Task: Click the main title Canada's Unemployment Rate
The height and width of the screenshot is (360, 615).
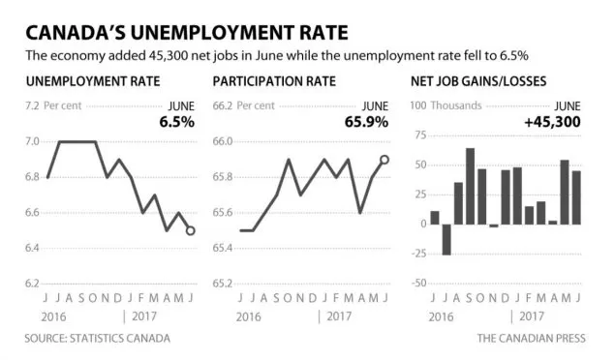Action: (x=187, y=33)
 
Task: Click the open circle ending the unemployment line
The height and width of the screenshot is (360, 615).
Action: (x=191, y=230)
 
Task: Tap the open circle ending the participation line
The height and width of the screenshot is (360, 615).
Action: (x=384, y=160)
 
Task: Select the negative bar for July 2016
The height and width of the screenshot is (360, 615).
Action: (x=446, y=240)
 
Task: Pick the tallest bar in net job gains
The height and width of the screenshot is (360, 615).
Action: (x=471, y=186)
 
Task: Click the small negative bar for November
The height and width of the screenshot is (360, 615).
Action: (x=494, y=225)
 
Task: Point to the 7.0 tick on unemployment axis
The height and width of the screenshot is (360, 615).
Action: (x=33, y=141)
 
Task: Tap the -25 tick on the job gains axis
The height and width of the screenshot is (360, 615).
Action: (x=419, y=254)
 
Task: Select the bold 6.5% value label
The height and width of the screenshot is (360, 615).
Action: (x=177, y=122)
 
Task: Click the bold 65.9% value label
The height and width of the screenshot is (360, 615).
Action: (x=367, y=122)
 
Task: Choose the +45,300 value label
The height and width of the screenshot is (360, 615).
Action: (x=553, y=122)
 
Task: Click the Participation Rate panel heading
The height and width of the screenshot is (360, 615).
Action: (x=274, y=81)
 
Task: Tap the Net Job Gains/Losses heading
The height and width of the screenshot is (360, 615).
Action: (x=478, y=81)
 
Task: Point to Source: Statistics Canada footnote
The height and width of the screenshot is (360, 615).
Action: (x=98, y=338)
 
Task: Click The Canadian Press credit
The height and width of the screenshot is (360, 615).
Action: (x=532, y=338)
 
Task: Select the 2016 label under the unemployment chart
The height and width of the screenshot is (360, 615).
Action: (x=53, y=316)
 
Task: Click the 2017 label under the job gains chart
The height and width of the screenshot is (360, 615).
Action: (x=532, y=316)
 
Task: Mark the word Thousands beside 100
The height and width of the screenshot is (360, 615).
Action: (x=456, y=105)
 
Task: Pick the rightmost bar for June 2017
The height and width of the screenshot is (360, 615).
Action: (x=576, y=197)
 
